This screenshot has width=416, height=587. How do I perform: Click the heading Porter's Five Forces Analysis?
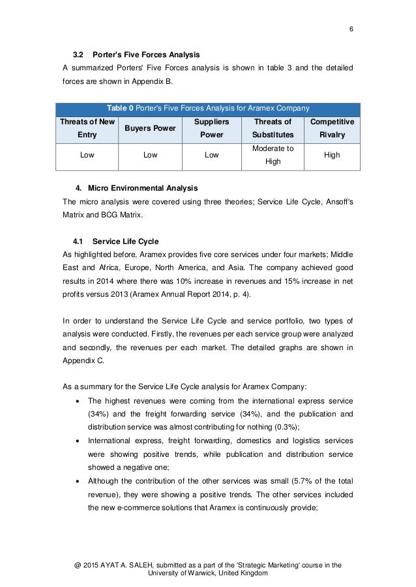[146, 53]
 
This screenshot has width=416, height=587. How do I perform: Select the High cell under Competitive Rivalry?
[333, 156]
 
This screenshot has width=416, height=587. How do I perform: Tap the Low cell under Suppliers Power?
[211, 156]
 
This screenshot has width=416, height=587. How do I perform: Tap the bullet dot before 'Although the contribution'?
[78, 481]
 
